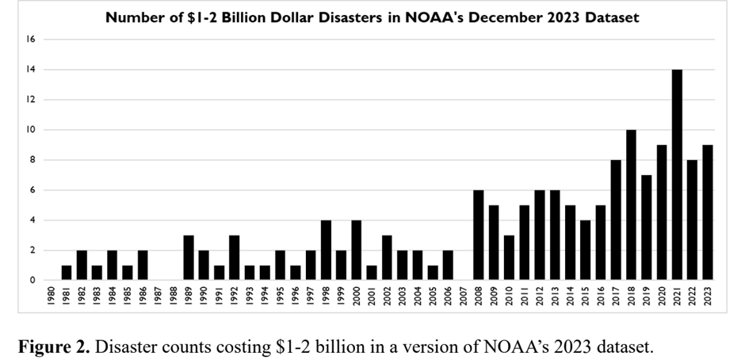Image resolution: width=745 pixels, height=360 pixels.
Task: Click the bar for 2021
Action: point(678,174)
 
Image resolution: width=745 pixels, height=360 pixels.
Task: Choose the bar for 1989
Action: point(189,258)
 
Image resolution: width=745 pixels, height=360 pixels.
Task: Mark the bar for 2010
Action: point(510,258)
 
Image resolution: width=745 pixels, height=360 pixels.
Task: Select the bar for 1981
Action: point(67,273)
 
